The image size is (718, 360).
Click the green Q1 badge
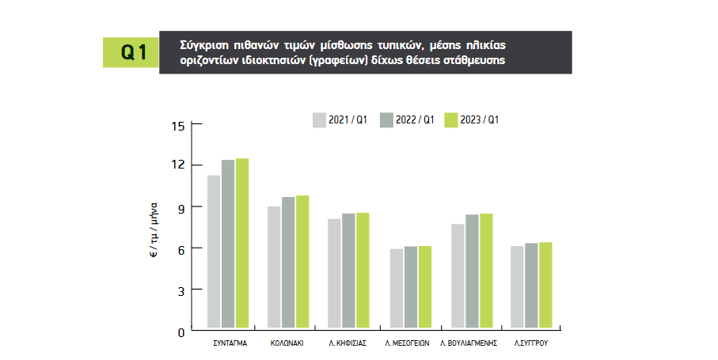click(x=131, y=52)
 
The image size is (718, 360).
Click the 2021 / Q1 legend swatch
click(x=320, y=120)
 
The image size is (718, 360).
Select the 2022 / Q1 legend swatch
click(x=386, y=120)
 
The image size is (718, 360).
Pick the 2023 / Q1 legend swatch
click(x=452, y=120)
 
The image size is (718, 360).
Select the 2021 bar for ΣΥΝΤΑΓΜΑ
click(x=214, y=251)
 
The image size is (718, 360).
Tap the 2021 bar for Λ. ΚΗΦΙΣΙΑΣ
click(x=334, y=273)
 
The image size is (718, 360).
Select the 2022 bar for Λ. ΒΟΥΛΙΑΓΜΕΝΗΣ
click(x=472, y=271)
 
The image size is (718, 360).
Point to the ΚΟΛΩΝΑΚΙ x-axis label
click(x=287, y=344)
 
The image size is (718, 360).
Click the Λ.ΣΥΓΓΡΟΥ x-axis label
click(x=532, y=344)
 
